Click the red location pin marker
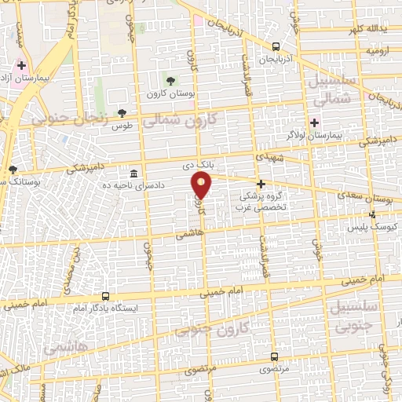click(x=202, y=185)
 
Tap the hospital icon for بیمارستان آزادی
click(x=22, y=66)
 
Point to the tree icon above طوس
click(x=122, y=113)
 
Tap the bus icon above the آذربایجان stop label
click(x=276, y=46)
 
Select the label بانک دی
click(x=198, y=165)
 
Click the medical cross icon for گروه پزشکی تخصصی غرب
click(x=261, y=184)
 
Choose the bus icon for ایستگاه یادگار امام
click(x=106, y=297)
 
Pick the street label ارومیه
click(x=376, y=50)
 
